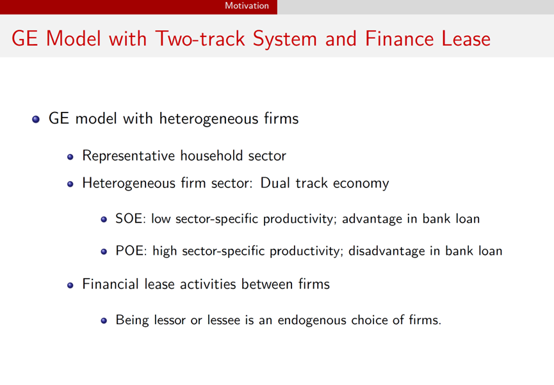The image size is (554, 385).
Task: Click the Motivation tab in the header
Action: click(247, 6)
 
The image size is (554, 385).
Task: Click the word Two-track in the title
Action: click(200, 38)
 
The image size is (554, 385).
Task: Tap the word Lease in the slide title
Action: click(463, 38)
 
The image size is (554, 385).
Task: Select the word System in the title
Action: click(285, 39)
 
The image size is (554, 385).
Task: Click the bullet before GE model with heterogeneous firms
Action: click(36, 119)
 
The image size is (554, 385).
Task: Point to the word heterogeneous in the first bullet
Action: click(209, 119)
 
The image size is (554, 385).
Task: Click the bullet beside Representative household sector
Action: click(70, 156)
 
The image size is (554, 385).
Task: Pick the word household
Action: click(211, 155)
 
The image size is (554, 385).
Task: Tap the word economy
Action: click(361, 184)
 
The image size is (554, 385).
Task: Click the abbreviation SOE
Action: click(129, 219)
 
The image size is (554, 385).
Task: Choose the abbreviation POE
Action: click(129, 251)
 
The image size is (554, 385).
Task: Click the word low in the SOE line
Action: click(161, 219)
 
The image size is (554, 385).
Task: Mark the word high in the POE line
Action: click(165, 251)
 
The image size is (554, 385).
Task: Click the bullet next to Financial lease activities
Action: click(70, 285)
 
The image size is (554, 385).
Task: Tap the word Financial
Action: click(111, 284)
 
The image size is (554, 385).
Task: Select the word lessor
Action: click(168, 320)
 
